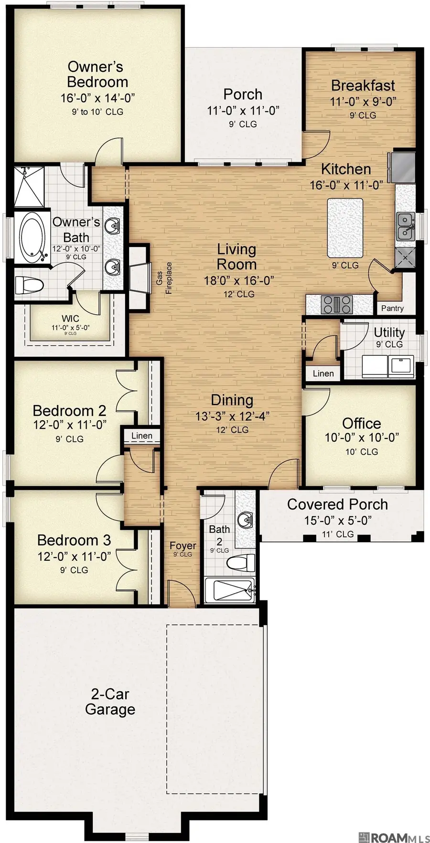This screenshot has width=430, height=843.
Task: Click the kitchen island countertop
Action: tap(344, 227)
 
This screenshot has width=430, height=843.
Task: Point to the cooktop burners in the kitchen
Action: tap(337, 304)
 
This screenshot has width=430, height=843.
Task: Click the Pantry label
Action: tap(392, 309)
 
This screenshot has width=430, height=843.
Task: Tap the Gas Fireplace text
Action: tap(164, 277)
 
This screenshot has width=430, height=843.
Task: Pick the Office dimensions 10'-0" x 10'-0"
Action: tap(362, 438)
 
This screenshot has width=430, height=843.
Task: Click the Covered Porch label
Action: tap(337, 504)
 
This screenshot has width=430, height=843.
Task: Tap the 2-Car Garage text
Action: tap(110, 701)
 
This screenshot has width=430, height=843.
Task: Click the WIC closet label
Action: tap(70, 319)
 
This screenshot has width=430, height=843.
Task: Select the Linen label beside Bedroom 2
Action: tap(141, 436)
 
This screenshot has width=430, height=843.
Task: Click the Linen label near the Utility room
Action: tap(323, 373)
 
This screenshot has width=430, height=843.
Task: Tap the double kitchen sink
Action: tap(405, 227)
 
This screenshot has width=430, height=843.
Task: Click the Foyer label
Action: tap(183, 545)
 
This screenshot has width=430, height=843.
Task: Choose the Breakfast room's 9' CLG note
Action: tap(363, 115)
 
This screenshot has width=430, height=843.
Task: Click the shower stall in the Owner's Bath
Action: tap(29, 187)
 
